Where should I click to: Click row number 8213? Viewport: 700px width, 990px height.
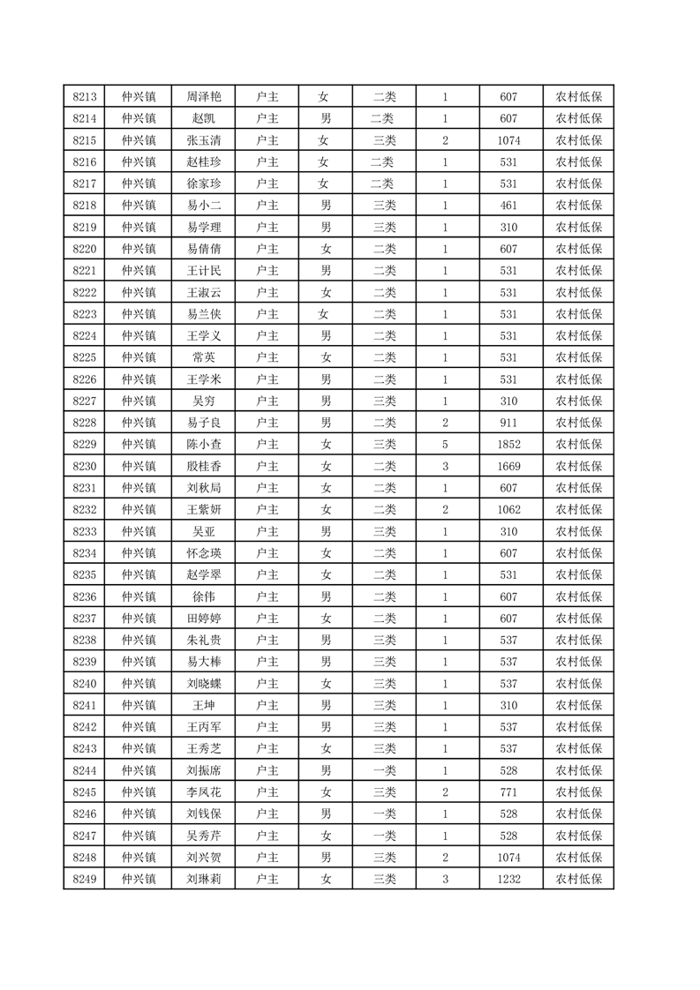coord(85,97)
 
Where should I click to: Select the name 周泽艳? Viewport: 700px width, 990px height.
coord(203,97)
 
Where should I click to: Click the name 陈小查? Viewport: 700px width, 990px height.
coord(203,444)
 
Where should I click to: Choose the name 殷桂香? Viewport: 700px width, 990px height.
coord(203,466)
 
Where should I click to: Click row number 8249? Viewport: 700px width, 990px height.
coord(85,878)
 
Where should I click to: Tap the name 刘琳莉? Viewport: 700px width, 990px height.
coord(203,878)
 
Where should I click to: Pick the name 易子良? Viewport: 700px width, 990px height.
coord(203,423)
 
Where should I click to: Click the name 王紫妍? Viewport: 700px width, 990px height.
coord(203,509)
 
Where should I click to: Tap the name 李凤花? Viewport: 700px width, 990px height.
coord(203,791)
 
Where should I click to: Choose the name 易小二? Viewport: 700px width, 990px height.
coord(203,206)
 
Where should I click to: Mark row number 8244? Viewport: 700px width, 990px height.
coord(85,769)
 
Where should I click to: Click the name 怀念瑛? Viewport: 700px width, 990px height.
coord(203,552)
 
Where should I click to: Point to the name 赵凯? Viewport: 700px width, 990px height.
coord(203,119)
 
